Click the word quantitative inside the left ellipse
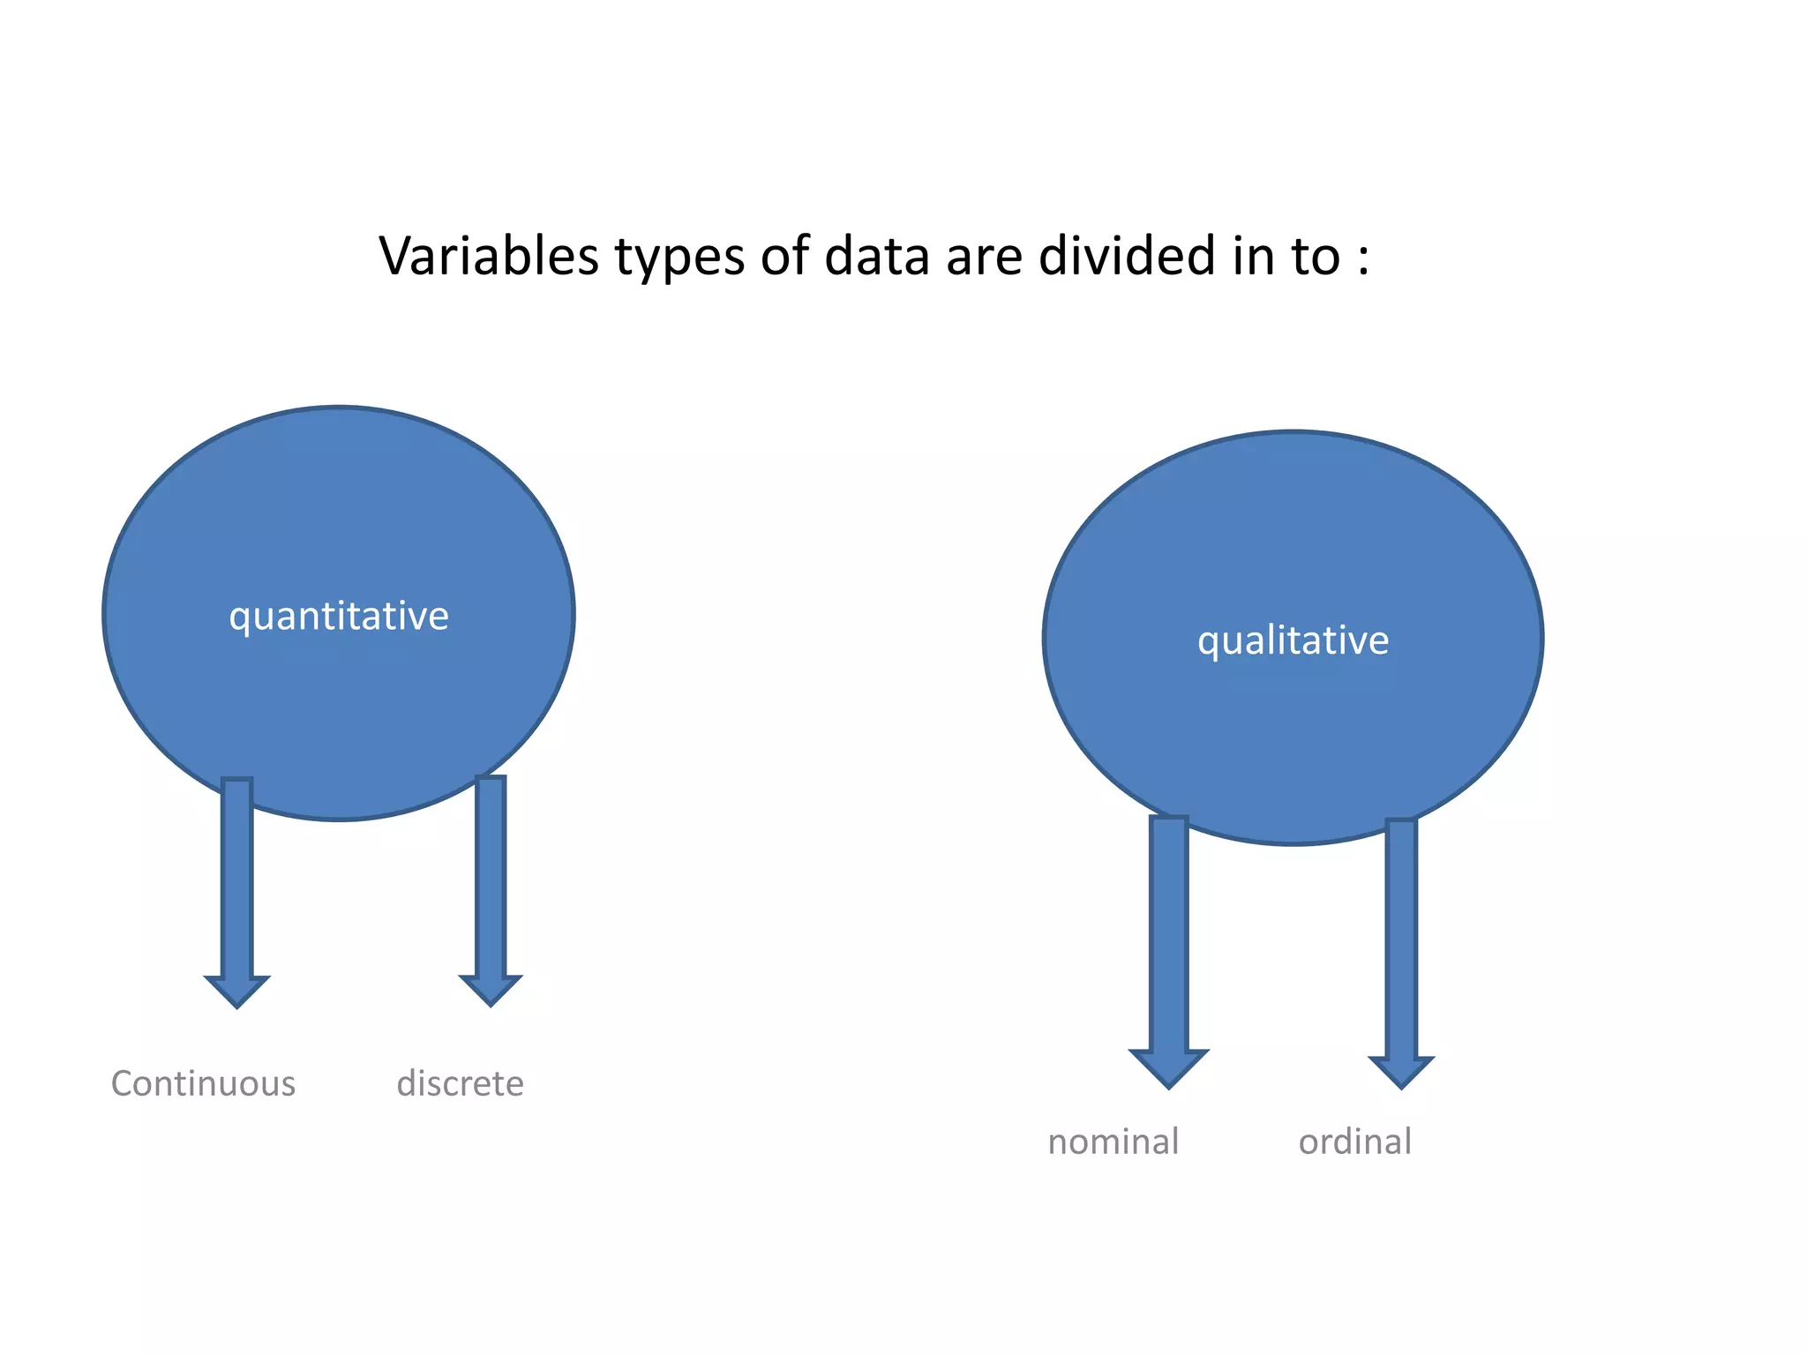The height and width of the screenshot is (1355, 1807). point(339,616)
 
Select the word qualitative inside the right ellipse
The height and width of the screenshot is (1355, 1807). point(1293,640)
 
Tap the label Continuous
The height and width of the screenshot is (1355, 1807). point(203,1083)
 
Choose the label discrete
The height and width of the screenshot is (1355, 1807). point(460,1083)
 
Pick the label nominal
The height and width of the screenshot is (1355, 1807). point(1113,1142)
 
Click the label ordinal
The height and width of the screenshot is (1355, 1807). point(1355,1142)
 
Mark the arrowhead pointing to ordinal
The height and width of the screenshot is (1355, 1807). point(1401,1071)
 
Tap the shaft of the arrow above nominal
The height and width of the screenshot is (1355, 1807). point(1169,935)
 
